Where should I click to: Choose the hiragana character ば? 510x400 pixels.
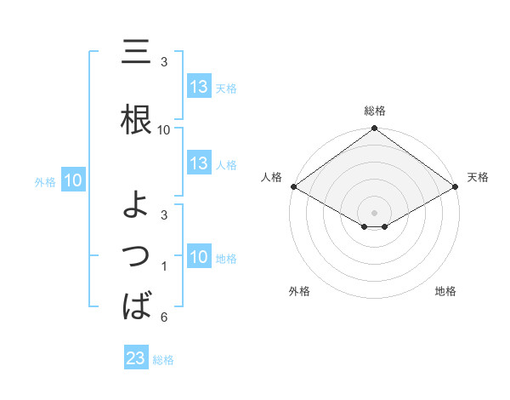[137, 305]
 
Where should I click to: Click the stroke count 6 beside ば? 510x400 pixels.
[163, 317]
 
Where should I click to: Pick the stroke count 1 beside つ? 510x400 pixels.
[163, 267]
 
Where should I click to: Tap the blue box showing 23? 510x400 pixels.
[135, 358]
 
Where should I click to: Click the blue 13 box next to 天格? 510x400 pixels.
[199, 87]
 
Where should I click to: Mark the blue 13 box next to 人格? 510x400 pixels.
[199, 163]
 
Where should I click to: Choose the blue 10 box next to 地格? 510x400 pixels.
[199, 257]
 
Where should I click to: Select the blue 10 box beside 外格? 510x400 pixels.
[73, 180]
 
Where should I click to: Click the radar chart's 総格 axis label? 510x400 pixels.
[374, 111]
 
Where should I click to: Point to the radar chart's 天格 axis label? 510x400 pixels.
[478, 177]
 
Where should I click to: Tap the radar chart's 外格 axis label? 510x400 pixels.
[299, 291]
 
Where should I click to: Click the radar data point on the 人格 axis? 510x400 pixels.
[292, 186]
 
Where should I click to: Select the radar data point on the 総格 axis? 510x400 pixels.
[374, 129]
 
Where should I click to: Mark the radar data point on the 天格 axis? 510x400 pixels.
[456, 186]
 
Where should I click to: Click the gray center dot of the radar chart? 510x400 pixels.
[374, 211]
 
